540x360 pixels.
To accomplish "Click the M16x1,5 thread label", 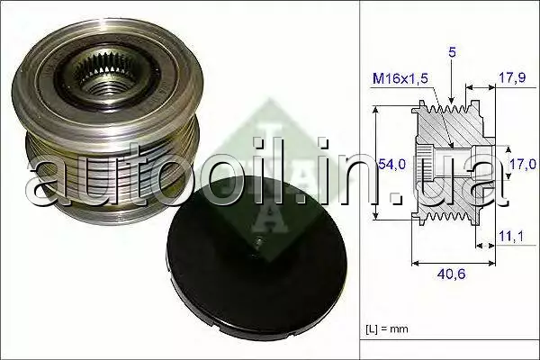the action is pos(400,79).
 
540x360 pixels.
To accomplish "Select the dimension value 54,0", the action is pos(392,165).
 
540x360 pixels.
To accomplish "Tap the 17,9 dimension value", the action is pos(512,78).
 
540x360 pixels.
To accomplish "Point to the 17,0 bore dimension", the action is pos(523,164).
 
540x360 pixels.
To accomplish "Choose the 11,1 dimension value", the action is pos(511,237).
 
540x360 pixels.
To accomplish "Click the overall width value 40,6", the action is pos(451,274).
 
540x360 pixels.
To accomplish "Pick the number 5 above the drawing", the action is pos(452,52).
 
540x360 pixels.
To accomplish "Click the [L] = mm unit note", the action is pos(387,328).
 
